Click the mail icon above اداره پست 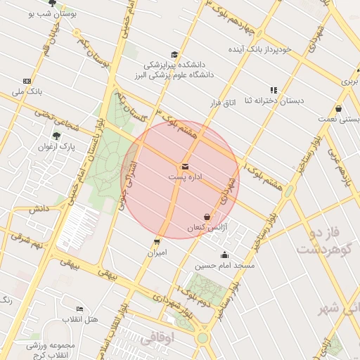tap(185, 167)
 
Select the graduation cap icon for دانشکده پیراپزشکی tap(174, 56)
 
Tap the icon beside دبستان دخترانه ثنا tap(274, 90)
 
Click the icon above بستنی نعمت tap(340, 109)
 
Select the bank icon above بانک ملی tap(27, 82)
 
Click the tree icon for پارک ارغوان tap(56, 136)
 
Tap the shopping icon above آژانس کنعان tap(207, 217)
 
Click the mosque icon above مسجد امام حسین tap(224, 255)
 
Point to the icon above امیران tap(157, 241)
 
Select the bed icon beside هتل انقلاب tap(79, 309)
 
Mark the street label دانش tap(38, 209)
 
